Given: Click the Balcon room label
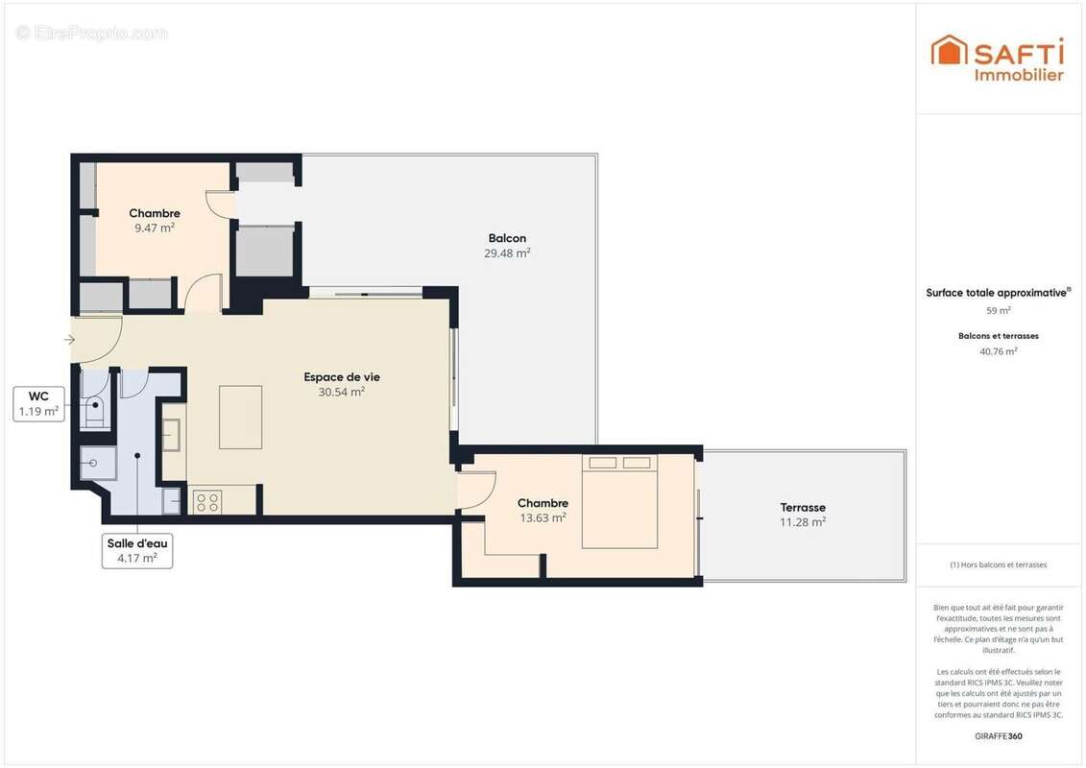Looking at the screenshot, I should click(507, 238).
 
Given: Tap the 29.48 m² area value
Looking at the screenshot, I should click(507, 253).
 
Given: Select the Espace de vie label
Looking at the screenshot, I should click(342, 376).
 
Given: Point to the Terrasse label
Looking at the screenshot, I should click(803, 507).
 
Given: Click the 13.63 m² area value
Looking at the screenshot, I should click(543, 517).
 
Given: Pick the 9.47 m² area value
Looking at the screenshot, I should click(155, 228).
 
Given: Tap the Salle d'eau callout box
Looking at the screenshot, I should click(137, 551).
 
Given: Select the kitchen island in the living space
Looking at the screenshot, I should click(240, 417).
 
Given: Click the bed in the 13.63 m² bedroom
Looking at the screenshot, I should click(619, 501).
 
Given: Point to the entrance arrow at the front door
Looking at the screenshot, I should click(69, 340).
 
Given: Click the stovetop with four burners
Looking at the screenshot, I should click(207, 500).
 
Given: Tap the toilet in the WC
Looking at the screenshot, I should click(94, 410).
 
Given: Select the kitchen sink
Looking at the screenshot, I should click(173, 435).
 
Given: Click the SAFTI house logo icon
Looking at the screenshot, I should click(949, 50).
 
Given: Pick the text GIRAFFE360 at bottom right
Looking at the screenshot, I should click(998, 736).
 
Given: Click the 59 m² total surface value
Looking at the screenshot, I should click(998, 310).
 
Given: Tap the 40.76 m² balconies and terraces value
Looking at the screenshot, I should click(998, 351).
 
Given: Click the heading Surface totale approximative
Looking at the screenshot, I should click(996, 293).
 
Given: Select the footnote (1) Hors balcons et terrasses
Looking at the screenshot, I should click(998, 564).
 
